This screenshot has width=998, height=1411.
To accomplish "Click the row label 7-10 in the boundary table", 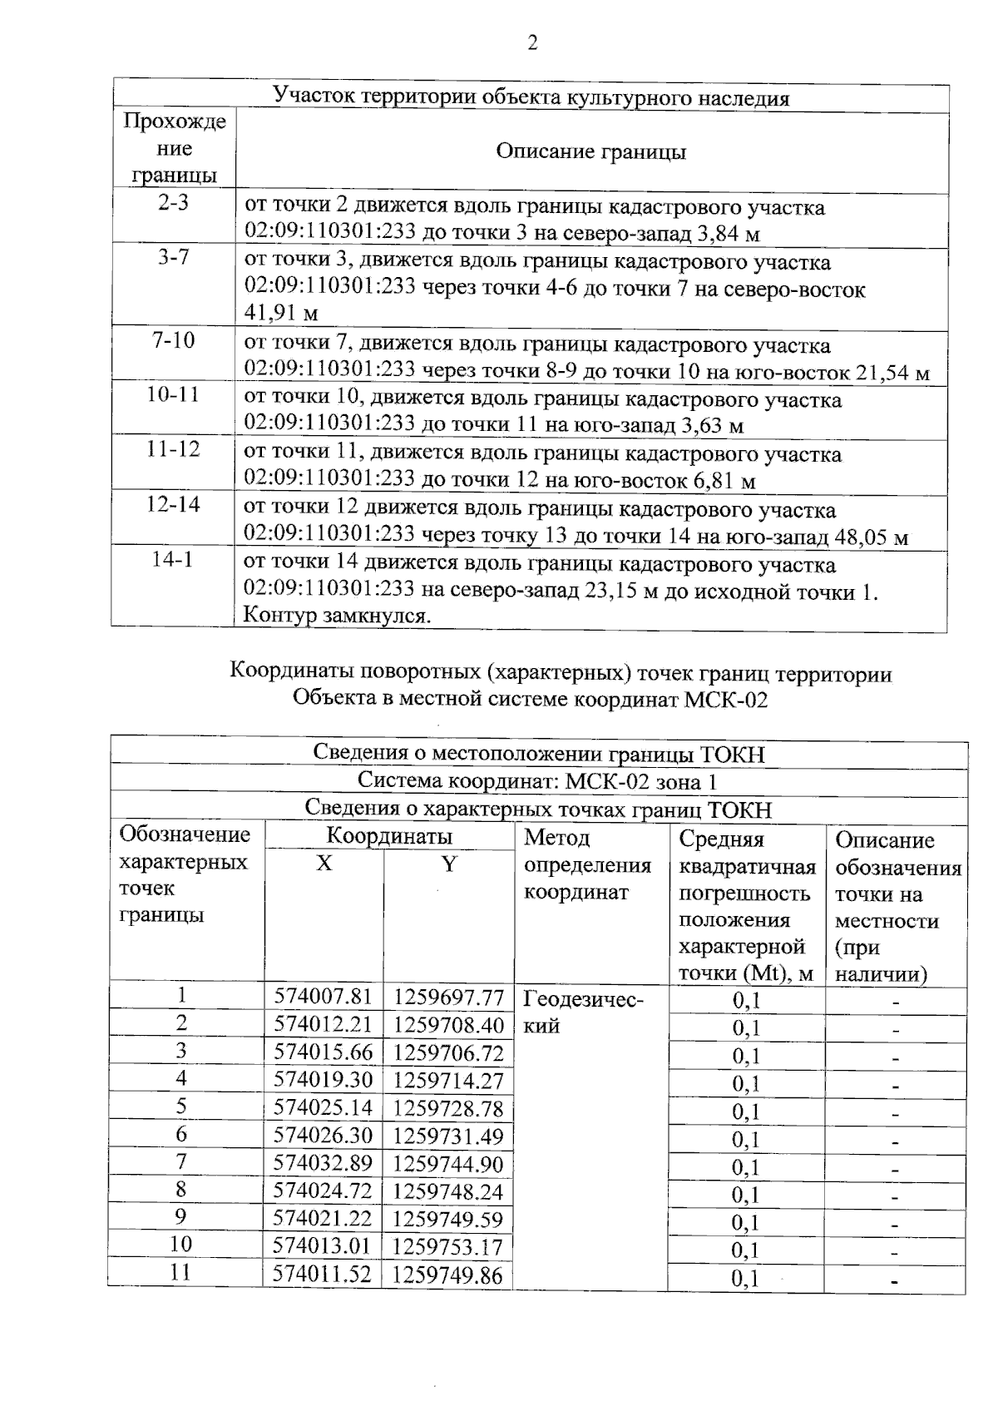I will point(173,340).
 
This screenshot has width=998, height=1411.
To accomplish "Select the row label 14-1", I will point(172,560).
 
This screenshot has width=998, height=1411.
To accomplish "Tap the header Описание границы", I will point(590,151).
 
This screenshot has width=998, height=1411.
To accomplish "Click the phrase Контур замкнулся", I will point(337,616).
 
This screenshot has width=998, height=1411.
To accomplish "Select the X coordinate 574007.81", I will point(323,997).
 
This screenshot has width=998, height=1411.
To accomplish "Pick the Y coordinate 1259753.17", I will point(447,1247).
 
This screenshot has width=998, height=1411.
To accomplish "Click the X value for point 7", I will point(323,1163).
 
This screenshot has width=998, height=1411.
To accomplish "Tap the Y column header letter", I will point(448,864).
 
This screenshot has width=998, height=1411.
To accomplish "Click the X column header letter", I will point(324,864).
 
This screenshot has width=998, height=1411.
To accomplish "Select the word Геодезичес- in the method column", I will point(583,998).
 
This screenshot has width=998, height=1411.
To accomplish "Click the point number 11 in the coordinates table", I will point(180,1272).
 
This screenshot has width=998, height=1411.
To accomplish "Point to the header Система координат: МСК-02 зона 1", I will point(537,781).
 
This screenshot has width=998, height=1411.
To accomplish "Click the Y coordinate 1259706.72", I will point(447,1053).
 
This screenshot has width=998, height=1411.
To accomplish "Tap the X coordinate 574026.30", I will point(323,1136).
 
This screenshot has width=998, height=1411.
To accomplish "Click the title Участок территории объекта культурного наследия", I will point(531,98).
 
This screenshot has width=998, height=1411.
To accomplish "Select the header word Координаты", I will point(389,836).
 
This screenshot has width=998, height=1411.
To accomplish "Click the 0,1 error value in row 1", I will point(746,1001).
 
